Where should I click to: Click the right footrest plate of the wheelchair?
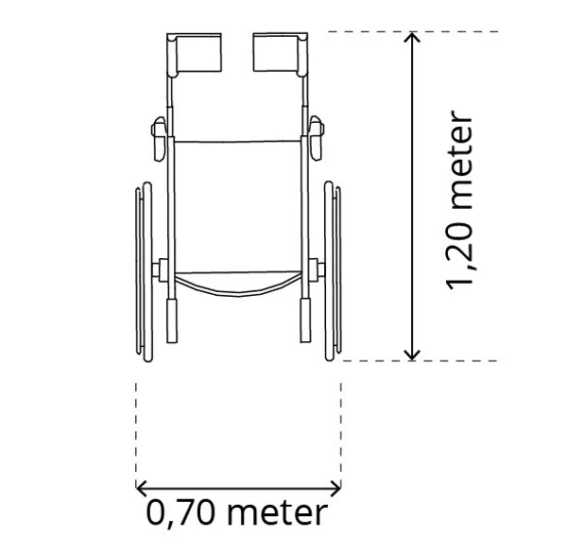[x=276, y=52]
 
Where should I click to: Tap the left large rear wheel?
[x=144, y=271]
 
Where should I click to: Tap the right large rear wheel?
[x=333, y=271]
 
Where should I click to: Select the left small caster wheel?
[x=159, y=139]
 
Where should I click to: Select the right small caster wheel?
[x=317, y=139]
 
